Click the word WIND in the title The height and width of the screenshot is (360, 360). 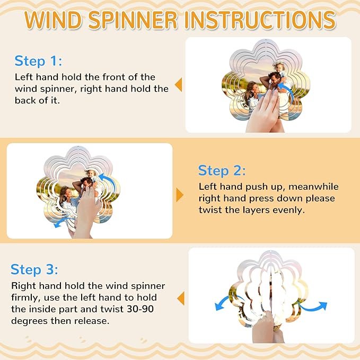pos(53,20)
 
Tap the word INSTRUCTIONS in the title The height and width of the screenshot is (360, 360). pos(260,20)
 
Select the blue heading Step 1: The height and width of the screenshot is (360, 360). pos(38,61)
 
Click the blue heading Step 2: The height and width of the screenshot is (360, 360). pos(222,171)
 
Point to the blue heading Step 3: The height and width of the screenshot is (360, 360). pos(34,269)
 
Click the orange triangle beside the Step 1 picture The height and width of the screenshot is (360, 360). pos(178,85)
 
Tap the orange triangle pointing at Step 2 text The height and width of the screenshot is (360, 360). pos(180,195)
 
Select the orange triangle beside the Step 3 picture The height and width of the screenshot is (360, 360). pos(181,298)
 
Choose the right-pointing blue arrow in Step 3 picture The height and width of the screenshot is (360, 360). pos(313,306)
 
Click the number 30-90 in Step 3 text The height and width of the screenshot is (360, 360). pos(141,309)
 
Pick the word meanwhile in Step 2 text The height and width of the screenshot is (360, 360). pos(313,187)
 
